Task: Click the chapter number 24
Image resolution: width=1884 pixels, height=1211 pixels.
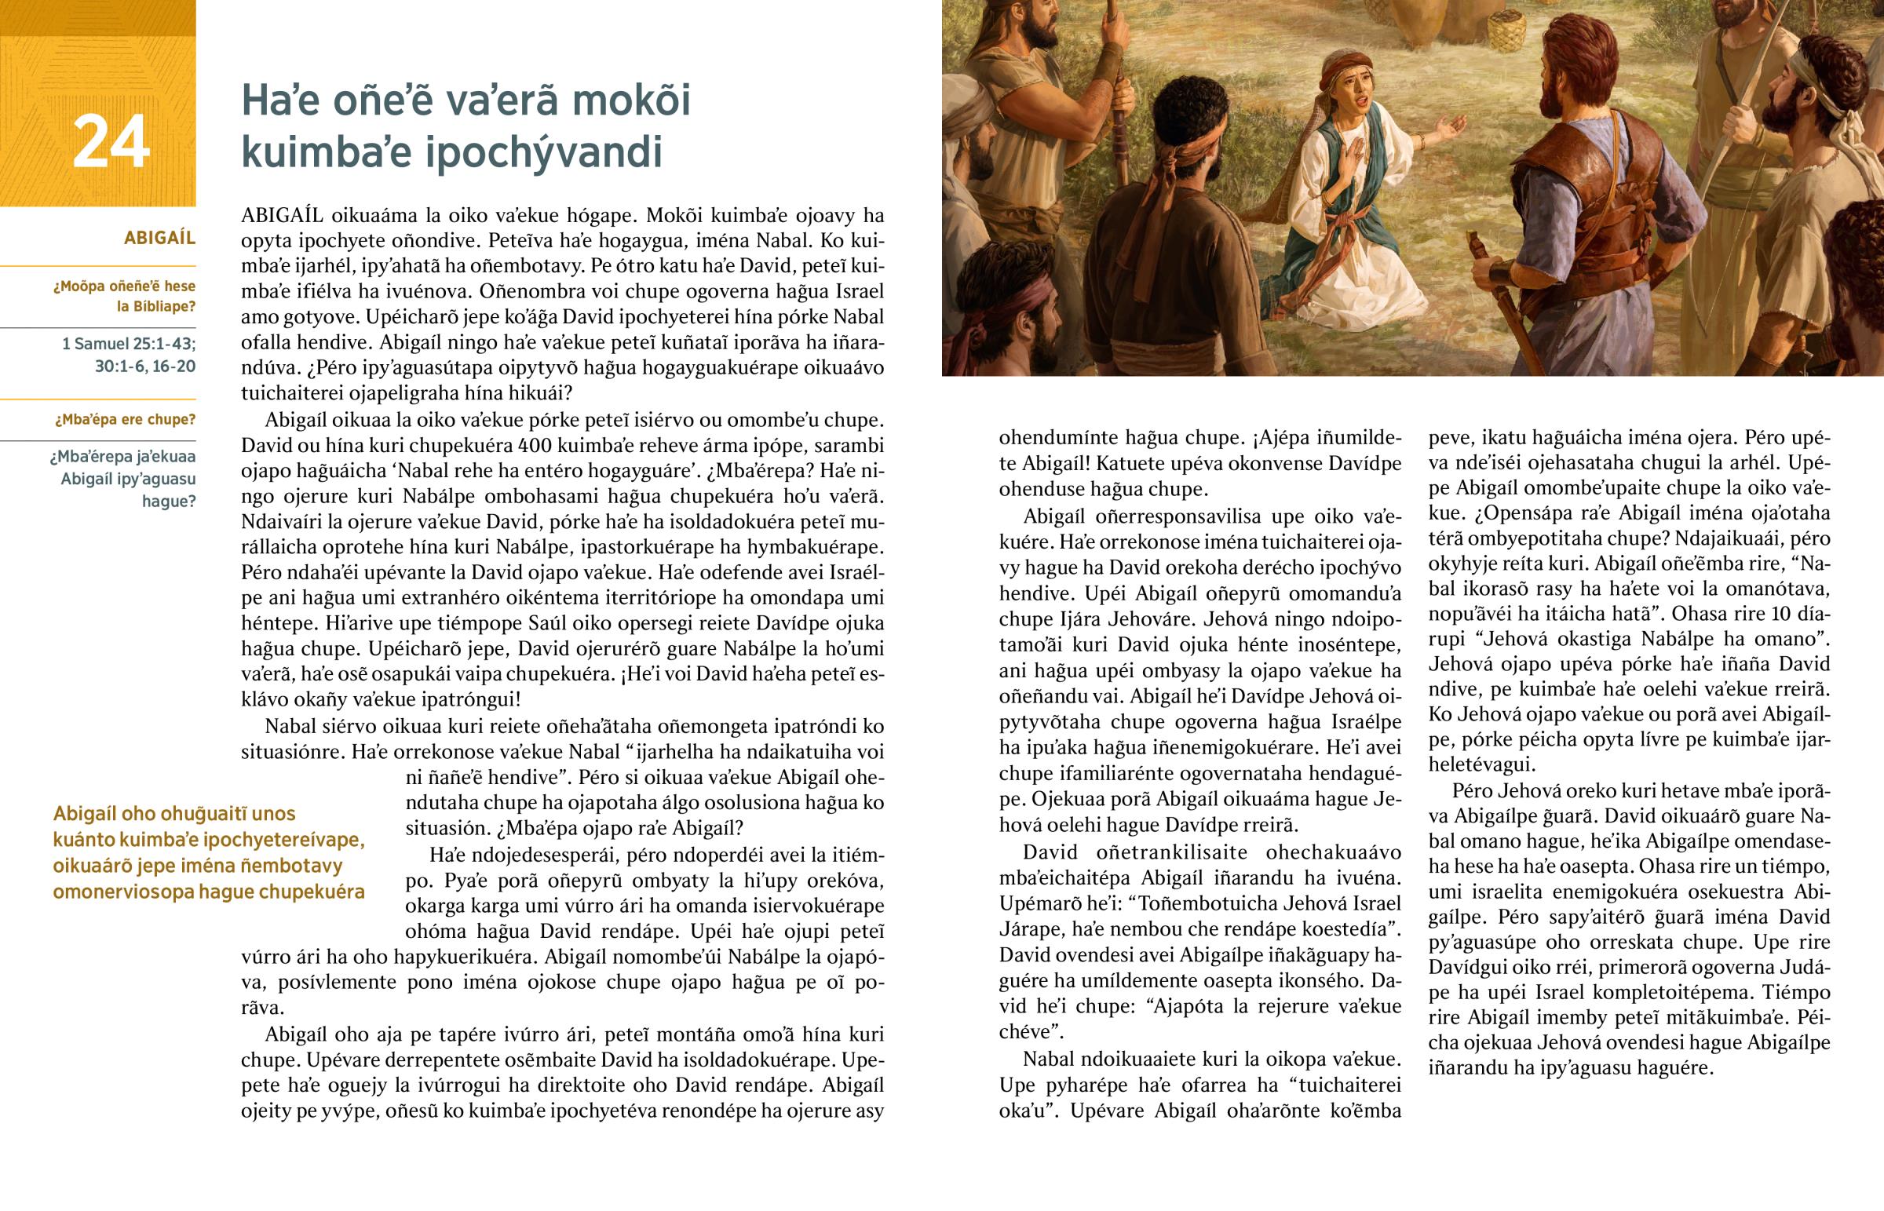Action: [x=111, y=142]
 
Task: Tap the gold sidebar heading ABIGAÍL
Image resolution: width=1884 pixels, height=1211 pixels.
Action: [x=159, y=238]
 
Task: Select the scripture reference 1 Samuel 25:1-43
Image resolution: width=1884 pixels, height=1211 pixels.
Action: [x=129, y=344]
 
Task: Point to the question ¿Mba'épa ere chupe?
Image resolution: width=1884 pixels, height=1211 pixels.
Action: [x=125, y=420]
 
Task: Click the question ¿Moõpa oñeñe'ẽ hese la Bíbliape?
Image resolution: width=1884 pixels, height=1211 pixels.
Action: [x=124, y=297]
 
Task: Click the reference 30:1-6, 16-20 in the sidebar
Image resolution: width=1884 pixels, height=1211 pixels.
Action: [x=144, y=367]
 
